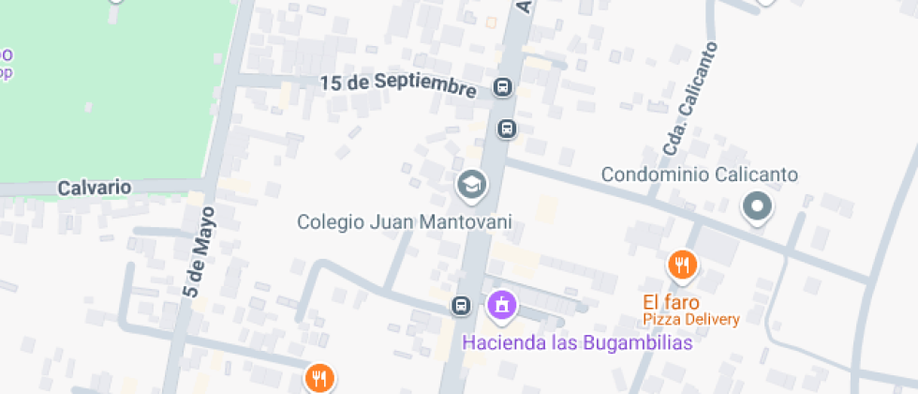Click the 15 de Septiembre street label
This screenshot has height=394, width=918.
pos(398,83)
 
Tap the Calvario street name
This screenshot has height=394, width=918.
pos(95,188)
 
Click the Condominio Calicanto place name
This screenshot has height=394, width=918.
pos(699,174)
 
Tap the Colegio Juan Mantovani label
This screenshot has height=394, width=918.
pos(405,222)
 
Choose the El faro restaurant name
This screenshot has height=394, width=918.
pos(670,302)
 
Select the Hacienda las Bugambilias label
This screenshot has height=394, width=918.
pos(577,342)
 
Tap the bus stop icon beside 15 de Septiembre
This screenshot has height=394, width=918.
pos(504,88)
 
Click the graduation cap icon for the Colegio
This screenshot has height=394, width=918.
pos(471,185)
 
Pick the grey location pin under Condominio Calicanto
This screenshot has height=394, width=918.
pos(756,206)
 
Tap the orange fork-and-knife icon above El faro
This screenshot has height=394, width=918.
pos(682,265)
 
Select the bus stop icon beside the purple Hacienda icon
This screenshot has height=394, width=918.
pos(461,305)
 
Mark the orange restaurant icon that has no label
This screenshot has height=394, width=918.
pos(319,378)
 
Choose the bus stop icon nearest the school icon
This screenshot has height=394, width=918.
pos(507,128)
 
